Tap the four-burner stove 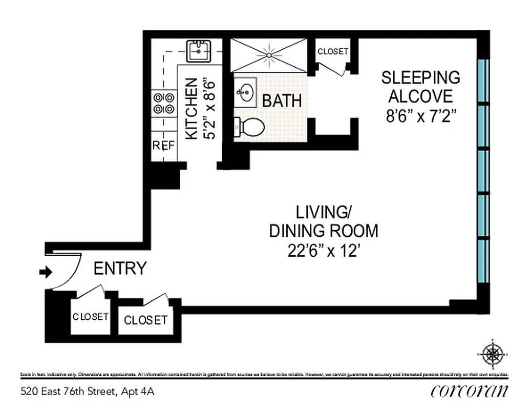coord(163,102)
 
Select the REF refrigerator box coord(163,146)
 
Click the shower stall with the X coord(268,55)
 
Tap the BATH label coord(282,100)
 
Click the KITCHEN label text coord(191,108)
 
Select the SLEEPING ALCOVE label coord(420,87)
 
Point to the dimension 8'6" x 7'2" coord(420,115)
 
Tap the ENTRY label coord(120,268)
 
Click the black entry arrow coord(46,272)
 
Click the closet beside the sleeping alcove coord(332,52)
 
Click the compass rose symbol coord(493,353)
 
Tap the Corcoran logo coord(470,391)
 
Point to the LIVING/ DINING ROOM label coord(324,221)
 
